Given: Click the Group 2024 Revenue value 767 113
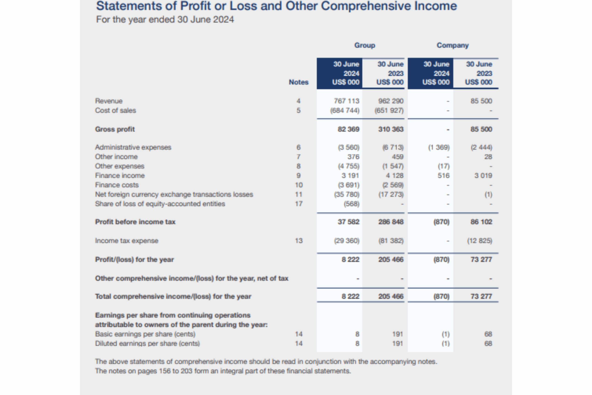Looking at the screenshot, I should (346, 101).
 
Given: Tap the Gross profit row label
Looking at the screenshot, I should (115, 129).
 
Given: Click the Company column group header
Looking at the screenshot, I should (453, 45).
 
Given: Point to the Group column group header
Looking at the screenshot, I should (365, 45).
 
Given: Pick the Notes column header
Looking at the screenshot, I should (299, 82).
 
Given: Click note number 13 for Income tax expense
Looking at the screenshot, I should (299, 241).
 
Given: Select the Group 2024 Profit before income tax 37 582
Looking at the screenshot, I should (348, 222).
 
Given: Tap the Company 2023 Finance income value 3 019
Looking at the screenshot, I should (483, 176).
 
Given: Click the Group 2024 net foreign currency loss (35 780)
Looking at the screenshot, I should (347, 194).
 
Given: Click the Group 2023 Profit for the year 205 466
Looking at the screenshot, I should (391, 259).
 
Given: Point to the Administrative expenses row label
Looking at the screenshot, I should (133, 147).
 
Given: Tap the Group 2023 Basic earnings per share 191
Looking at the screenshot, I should (398, 334).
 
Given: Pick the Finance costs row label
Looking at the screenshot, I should (117, 185).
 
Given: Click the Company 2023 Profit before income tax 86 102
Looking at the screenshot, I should (481, 222).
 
